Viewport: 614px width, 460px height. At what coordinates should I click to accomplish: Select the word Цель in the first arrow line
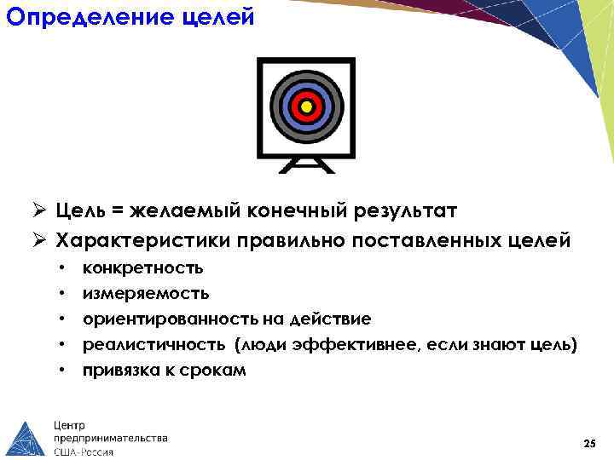point(83,209)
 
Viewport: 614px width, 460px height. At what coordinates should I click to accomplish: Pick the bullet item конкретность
point(142,268)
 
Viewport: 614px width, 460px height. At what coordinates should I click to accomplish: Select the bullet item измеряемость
point(146,294)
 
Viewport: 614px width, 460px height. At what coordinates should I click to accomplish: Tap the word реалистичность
point(153,345)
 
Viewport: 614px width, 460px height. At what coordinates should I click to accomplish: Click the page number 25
point(588,444)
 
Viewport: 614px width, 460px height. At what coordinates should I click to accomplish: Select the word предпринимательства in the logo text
point(111,438)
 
